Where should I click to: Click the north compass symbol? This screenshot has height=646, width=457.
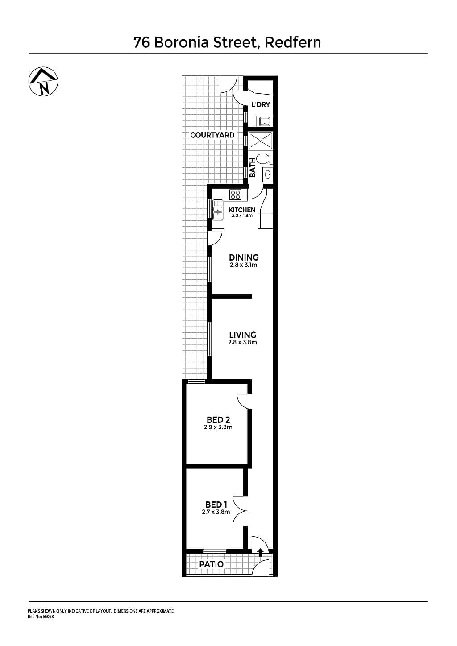tap(43, 82)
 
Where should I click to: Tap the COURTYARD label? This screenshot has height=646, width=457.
tap(212, 135)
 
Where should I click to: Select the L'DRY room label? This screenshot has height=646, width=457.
tap(261, 104)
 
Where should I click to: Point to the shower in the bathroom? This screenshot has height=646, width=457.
tap(261, 141)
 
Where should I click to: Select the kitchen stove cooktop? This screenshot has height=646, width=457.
tap(236, 195)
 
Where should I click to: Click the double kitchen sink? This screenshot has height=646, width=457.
tap(218, 210)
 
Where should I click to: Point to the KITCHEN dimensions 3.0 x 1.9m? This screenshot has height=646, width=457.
tap(242, 215)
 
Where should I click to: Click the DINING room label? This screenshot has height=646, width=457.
tap(244, 257)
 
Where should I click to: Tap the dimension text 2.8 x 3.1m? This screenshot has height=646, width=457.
tap(244, 265)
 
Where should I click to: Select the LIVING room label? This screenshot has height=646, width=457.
tap(243, 335)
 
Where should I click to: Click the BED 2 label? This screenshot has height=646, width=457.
tap(218, 420)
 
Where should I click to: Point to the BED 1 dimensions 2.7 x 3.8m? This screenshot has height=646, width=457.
tap(216, 512)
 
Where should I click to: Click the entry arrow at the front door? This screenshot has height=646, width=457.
tap(260, 552)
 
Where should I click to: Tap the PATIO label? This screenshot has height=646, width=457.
tap(212, 564)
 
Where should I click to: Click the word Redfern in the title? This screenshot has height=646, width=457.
tap(293, 42)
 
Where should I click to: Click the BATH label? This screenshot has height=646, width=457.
tap(253, 168)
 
